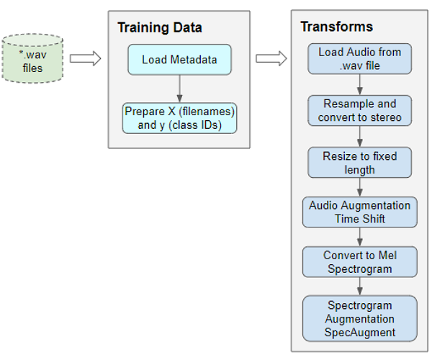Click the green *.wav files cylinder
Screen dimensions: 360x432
(31, 58)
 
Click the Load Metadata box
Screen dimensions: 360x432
(179, 60)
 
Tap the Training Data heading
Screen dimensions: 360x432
(160, 28)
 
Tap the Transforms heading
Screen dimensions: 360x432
(336, 27)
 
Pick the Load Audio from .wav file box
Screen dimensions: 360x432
(359, 59)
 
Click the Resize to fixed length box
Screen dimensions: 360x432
(359, 163)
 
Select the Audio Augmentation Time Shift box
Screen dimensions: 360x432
(359, 212)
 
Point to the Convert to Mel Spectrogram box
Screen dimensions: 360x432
(359, 262)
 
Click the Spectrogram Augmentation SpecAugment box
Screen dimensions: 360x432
(359, 318)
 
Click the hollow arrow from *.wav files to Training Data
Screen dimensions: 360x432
(85, 58)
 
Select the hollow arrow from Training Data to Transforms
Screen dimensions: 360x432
(271, 58)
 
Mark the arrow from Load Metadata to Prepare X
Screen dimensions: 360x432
(179, 89)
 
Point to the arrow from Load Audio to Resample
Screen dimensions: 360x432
(359, 85)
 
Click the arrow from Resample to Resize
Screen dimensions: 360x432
(359, 138)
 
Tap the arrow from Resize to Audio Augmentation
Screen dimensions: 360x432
(359, 188)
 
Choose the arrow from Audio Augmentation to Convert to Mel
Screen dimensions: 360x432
(359, 237)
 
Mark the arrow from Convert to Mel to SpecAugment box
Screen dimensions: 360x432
(359, 287)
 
